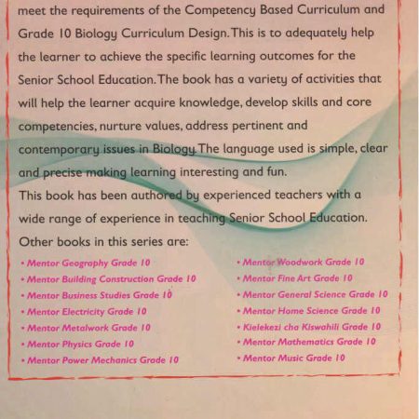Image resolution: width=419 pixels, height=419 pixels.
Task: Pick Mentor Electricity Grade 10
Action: pyautogui.click(x=87, y=312)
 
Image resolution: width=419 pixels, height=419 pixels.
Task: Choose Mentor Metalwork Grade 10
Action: pyautogui.click(x=88, y=328)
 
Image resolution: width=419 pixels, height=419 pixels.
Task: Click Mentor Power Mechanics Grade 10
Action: pyautogui.click(x=102, y=359)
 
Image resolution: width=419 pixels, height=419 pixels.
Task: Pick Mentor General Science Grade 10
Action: pyautogui.click(x=315, y=294)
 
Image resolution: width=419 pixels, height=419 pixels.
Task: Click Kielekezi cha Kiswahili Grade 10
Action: pyautogui.click(x=311, y=326)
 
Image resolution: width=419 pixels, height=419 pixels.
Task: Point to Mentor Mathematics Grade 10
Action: pyautogui.click(x=309, y=342)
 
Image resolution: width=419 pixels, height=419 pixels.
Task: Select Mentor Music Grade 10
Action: pyautogui.click(x=293, y=358)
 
